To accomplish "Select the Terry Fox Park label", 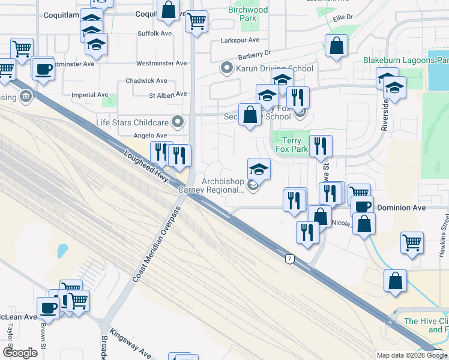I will tap(291, 145).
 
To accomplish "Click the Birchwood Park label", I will tap(248, 14).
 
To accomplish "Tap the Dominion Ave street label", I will tap(402, 208).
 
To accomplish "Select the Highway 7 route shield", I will tap(290, 258).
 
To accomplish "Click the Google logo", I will tap(19, 352).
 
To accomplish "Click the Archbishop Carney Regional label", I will tap(222, 185).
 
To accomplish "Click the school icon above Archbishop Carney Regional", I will tap(259, 169).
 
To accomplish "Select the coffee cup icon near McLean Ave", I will tap(48, 308).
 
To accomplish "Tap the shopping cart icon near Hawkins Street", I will tap(412, 243).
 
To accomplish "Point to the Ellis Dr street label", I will tap(343, 18).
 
